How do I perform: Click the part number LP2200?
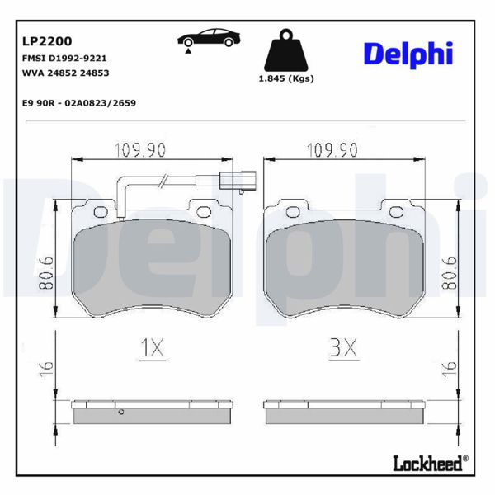[46, 40]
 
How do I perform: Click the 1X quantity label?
[152, 349]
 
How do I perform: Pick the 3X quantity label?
[343, 349]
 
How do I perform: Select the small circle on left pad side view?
[120, 412]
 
